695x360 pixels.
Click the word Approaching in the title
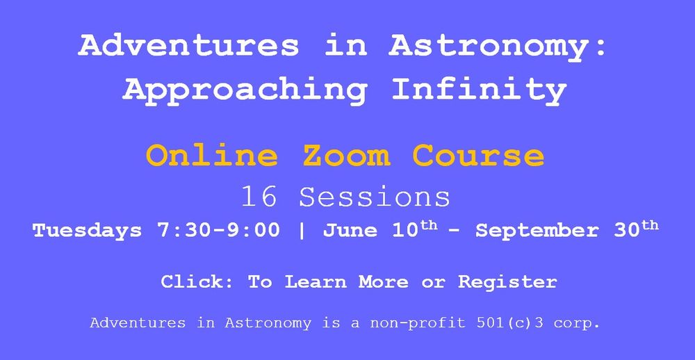coord(245,90)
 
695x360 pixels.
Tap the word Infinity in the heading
coord(480,90)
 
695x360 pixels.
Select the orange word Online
coord(212,156)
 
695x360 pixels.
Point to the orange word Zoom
coord(346,156)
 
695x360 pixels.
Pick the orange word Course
coord(478,156)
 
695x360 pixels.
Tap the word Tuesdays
coord(88,231)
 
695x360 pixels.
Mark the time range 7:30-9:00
coord(218,231)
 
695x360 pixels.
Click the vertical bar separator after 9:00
coord(302,231)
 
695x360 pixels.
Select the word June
coord(350,231)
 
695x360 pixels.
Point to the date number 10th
coord(415,229)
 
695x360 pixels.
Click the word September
coord(537,231)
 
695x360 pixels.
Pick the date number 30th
coord(636,229)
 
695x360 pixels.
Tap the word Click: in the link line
coord(197,281)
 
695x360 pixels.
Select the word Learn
coord(316,281)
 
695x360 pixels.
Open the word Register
coord(507,282)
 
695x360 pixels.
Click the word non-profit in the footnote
coord(417,323)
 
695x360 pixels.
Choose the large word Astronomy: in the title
coord(498,46)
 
